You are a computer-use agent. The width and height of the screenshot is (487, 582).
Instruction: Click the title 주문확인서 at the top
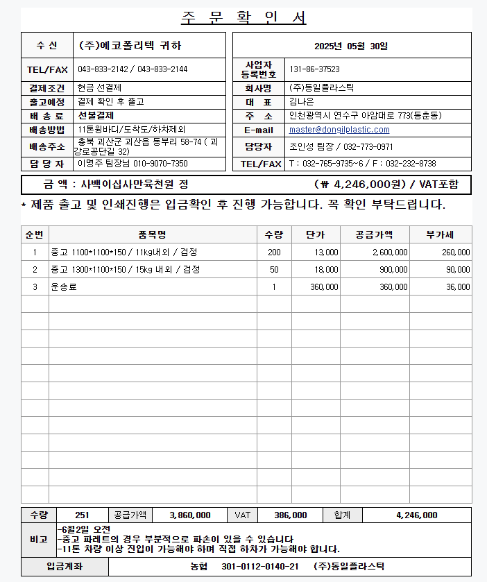[x=243, y=18]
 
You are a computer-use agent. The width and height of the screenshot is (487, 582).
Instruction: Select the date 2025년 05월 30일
[x=351, y=46]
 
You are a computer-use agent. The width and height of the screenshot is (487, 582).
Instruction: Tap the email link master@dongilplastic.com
[x=339, y=130]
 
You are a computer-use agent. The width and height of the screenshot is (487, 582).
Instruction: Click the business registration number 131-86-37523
[x=314, y=69]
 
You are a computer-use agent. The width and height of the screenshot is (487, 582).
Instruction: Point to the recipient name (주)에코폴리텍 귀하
[x=130, y=46]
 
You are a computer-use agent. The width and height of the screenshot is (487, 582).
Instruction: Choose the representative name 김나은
[x=302, y=101]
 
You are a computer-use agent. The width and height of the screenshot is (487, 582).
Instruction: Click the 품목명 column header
[x=152, y=234]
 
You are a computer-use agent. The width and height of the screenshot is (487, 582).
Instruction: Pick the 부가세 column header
[x=440, y=234]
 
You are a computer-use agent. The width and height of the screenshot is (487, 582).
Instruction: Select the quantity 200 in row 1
[x=274, y=252]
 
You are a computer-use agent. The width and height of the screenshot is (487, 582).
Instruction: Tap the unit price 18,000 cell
[x=325, y=269]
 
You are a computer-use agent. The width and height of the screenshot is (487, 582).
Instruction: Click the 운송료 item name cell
[x=64, y=286]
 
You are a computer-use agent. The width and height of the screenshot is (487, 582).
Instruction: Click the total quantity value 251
[x=82, y=515]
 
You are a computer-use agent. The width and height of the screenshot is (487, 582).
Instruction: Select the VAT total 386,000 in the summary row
[x=291, y=515]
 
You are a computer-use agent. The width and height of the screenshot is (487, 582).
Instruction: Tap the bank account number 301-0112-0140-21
[x=260, y=566]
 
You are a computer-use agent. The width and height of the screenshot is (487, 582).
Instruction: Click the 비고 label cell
[x=39, y=539]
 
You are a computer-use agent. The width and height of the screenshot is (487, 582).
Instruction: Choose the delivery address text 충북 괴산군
[x=104, y=142]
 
